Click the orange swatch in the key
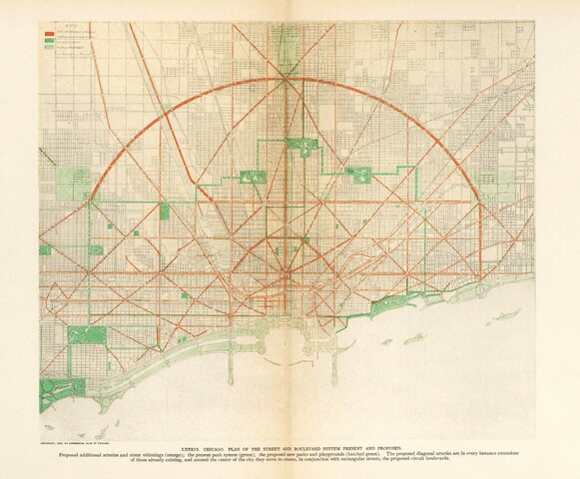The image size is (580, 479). tap(46, 32)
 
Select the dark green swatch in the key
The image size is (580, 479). tap(46, 39)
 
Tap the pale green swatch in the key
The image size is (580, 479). tap(46, 46)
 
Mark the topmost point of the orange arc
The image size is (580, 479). tap(287, 79)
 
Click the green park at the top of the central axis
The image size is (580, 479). tap(300, 146)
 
